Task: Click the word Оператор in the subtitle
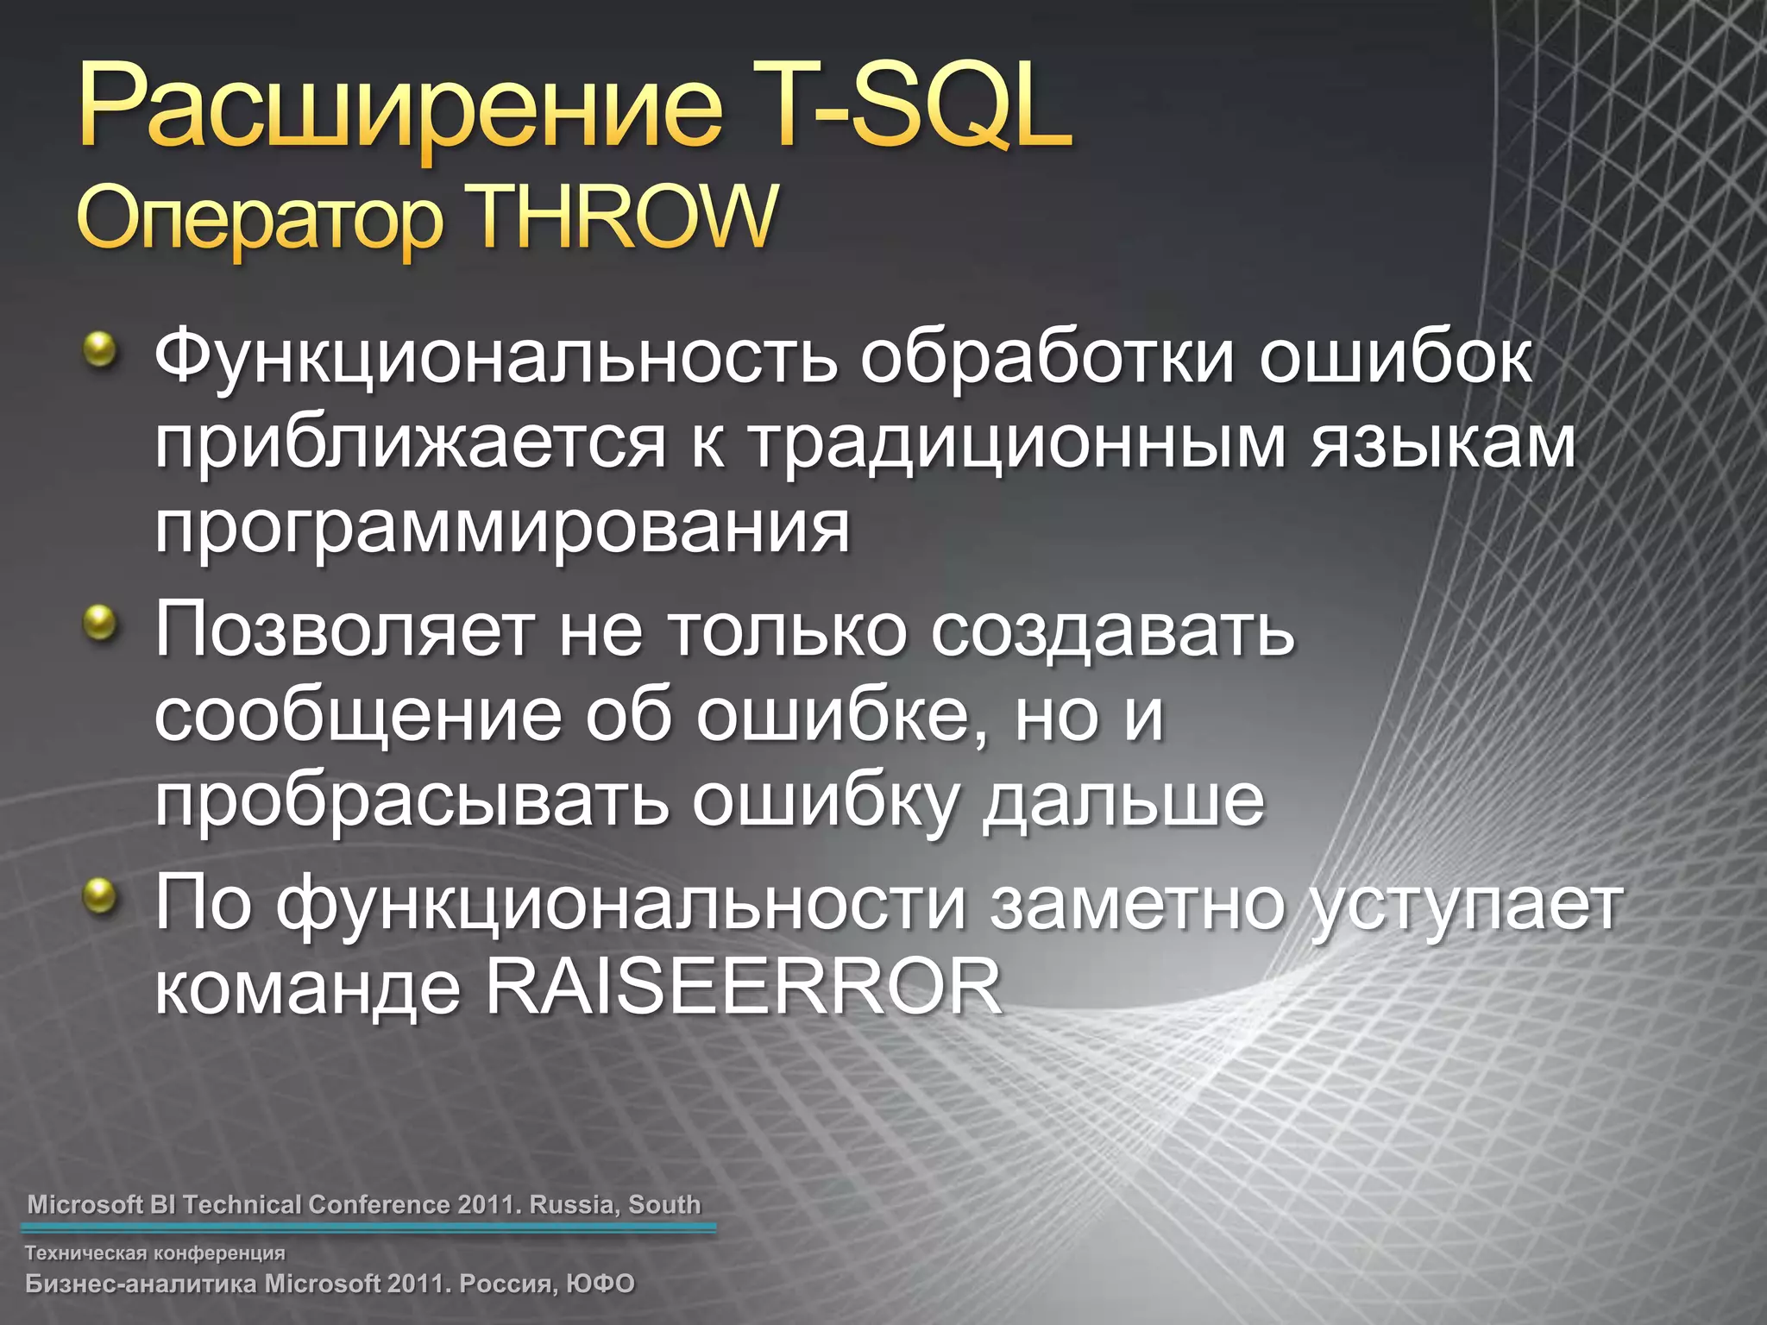(x=259, y=221)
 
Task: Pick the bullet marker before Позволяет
(x=100, y=621)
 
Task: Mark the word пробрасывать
(x=411, y=801)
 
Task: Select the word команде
(x=307, y=989)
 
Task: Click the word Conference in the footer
(x=380, y=1204)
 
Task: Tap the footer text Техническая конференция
(x=155, y=1253)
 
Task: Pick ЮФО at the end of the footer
(x=601, y=1284)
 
